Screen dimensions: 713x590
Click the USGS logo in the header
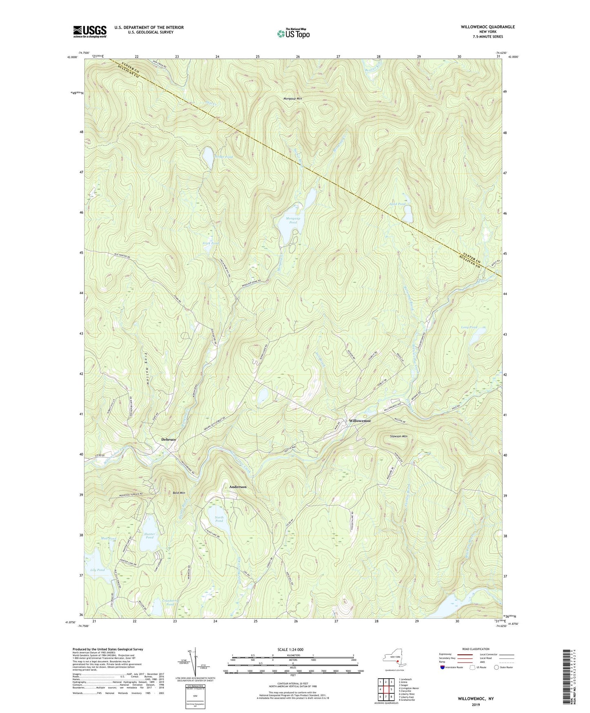tap(90, 31)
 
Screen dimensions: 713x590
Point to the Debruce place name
tap(169, 439)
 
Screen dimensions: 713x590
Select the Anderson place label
tap(238, 487)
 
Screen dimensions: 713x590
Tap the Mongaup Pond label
tap(293, 221)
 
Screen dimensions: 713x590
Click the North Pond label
tap(219, 519)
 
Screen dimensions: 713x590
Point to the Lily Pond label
tap(97, 570)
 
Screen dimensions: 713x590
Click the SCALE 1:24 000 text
tap(292, 649)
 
